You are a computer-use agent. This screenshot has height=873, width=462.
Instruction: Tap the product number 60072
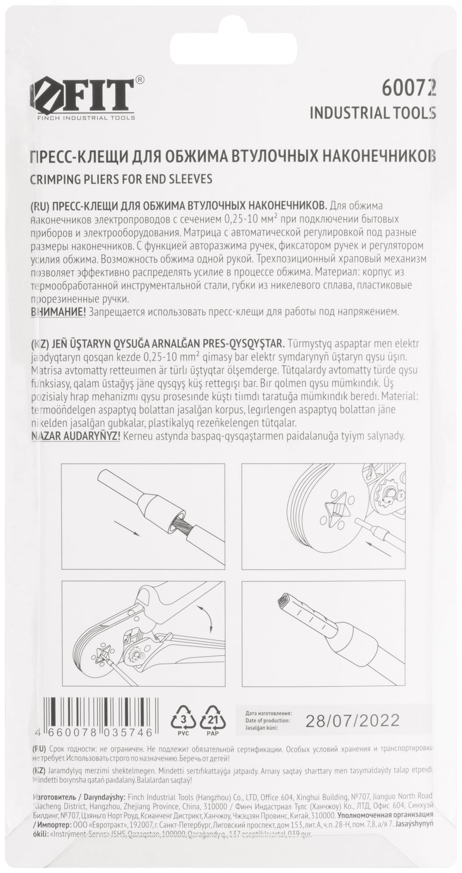tap(408, 89)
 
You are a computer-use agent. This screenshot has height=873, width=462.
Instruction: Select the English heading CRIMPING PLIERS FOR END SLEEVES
tap(122, 179)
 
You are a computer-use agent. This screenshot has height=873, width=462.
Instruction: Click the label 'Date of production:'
tap(268, 720)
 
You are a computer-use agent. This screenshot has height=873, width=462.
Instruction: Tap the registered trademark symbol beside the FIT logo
tap(140, 79)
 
